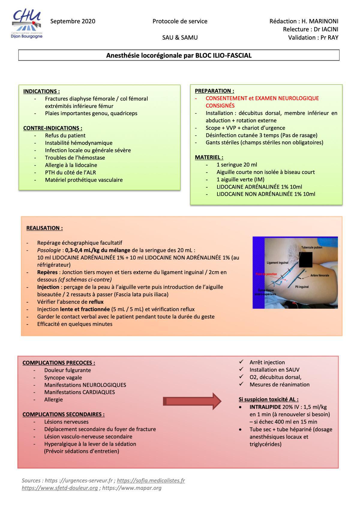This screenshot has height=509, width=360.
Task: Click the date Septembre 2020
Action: pyautogui.click(x=73, y=21)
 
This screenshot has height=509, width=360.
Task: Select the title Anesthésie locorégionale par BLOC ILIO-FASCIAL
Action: pyautogui.click(x=179, y=55)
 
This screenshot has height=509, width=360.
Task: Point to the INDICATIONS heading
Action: pyautogui.click(x=41, y=91)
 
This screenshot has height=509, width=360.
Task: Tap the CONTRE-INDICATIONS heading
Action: pyautogui.click(x=53, y=128)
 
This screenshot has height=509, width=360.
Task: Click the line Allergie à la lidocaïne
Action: pyautogui.click(x=71, y=165)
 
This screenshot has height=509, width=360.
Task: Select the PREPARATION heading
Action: pyautogui.click(x=214, y=91)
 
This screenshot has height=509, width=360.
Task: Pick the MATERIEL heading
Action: pyautogui.click(x=209, y=157)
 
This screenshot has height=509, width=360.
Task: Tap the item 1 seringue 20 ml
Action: pyautogui.click(x=237, y=165)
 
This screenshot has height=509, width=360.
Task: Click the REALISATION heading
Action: pyautogui.click(x=44, y=228)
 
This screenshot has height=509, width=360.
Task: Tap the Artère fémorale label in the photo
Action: pyautogui.click(x=320, y=275)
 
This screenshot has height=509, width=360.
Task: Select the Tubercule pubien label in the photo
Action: pyautogui.click(x=312, y=248)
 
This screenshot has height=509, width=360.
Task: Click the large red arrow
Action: pyautogui.click(x=192, y=401)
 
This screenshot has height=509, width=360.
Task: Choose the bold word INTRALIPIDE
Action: pyautogui.click(x=265, y=407)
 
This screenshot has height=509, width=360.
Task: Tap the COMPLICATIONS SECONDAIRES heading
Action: pyautogui.click(x=64, y=415)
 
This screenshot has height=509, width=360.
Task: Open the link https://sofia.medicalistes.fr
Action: pyautogui.click(x=151, y=481)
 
